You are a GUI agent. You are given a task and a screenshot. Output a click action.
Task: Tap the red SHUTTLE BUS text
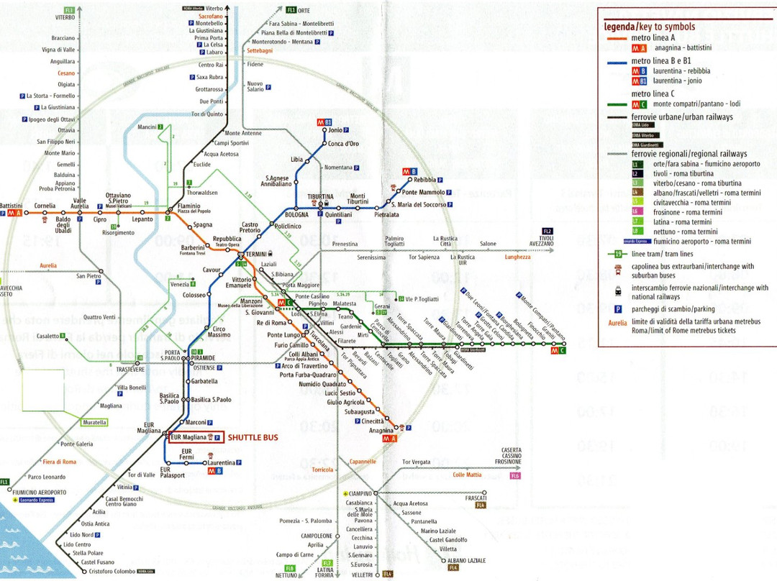(253, 436)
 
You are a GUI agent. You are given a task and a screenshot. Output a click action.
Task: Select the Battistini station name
(11, 206)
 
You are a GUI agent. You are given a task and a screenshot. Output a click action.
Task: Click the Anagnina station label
(381, 431)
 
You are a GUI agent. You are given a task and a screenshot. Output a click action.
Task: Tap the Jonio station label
(335, 130)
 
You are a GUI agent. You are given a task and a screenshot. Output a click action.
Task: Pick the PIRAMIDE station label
(204, 357)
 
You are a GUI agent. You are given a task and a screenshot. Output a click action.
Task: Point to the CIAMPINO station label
(361, 493)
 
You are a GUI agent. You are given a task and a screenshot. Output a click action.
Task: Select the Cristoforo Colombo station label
(112, 572)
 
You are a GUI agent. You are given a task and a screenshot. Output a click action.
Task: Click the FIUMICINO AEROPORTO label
(40, 493)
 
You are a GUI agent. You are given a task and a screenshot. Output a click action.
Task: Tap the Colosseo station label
(194, 295)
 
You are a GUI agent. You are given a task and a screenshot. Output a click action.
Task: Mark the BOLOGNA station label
(296, 215)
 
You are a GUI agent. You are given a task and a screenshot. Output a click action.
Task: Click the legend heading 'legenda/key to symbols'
(650, 27)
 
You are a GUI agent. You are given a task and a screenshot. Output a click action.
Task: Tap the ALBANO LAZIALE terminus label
(466, 560)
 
